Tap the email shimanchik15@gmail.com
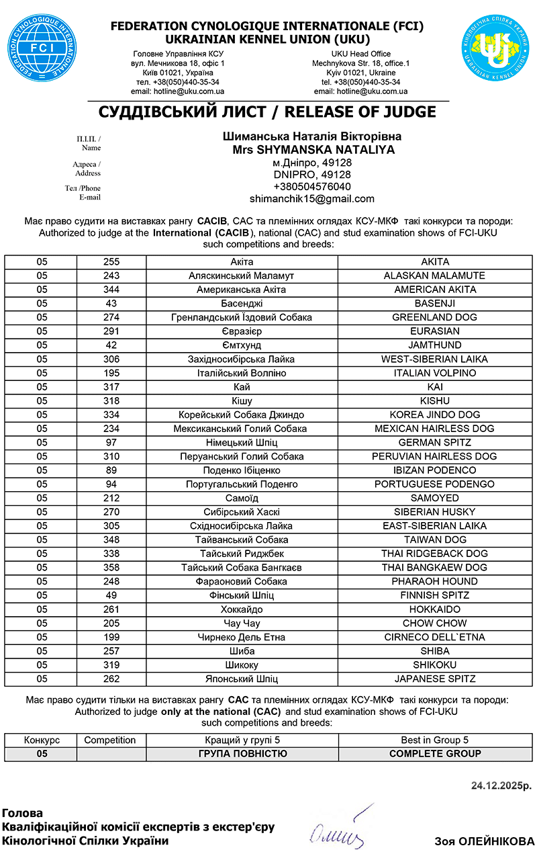312,199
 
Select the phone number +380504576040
312,186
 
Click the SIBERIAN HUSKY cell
435,512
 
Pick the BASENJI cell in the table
435,304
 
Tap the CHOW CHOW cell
435,623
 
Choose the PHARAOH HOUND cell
435,581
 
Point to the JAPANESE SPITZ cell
435,679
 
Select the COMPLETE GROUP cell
435,754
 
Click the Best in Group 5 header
435,740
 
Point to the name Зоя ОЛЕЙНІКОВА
484,841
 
